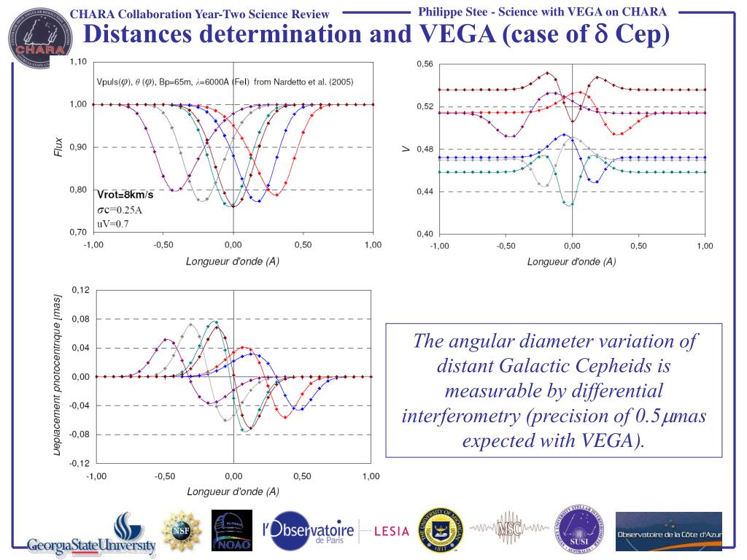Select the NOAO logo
(231, 531)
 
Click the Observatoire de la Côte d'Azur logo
(668, 532)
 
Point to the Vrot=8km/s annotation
(125, 195)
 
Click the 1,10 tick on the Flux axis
(78, 62)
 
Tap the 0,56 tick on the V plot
(425, 64)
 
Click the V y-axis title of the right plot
(406, 149)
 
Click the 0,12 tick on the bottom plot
(80, 290)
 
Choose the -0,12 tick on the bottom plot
(78, 463)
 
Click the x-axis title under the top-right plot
(571, 261)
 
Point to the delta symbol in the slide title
(603, 35)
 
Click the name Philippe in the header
(444, 12)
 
